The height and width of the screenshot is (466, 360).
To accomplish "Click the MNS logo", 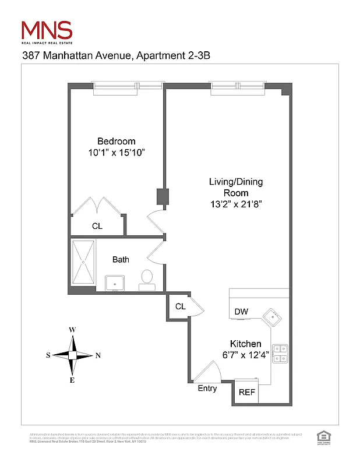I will click(47, 31).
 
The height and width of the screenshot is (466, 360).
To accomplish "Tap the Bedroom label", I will click(116, 141).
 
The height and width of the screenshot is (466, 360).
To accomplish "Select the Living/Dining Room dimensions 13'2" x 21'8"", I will click(236, 204).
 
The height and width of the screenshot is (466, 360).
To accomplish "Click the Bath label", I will click(121, 259).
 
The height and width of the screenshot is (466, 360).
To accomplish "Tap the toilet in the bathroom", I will click(147, 278).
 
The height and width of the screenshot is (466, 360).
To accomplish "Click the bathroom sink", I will click(115, 283).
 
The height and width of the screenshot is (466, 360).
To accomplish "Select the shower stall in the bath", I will click(83, 262).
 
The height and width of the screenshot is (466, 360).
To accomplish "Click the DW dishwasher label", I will click(241, 312).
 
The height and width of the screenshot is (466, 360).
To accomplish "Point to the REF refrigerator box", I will click(247, 392).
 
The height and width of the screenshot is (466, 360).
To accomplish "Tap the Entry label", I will click(207, 389).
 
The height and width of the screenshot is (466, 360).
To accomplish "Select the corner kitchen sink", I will click(271, 317).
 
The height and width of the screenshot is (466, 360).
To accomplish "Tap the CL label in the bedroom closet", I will click(97, 226).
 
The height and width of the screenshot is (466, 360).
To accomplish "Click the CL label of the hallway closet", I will click(180, 306).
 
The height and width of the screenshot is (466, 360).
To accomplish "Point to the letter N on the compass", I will click(98, 355).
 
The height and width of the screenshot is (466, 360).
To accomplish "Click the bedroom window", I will click(128, 87).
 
